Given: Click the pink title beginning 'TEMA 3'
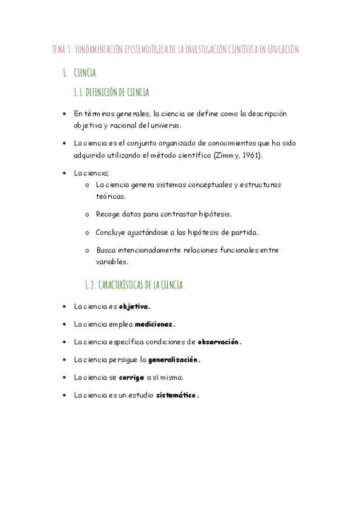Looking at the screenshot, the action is pyautogui.click(x=176, y=50).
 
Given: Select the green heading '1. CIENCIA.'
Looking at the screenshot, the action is pyautogui.click(x=80, y=73).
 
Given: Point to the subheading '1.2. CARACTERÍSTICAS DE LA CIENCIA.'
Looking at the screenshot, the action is pyautogui.click(x=134, y=284).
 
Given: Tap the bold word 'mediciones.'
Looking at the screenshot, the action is pyautogui.click(x=155, y=324).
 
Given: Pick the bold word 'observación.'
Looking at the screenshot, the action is pyautogui.click(x=219, y=342).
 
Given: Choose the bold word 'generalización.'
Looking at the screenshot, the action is pyautogui.click(x=174, y=360).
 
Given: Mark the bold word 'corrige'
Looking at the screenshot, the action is pyautogui.click(x=131, y=377).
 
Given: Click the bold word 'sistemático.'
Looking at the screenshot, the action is pyautogui.click(x=177, y=395).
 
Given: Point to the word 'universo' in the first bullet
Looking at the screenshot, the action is pyautogui.click(x=165, y=125).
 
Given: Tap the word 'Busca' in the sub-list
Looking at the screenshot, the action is pyautogui.click(x=106, y=250).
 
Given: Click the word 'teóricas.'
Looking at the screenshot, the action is pyautogui.click(x=111, y=197).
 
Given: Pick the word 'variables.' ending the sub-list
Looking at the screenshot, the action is pyautogui.click(x=112, y=262).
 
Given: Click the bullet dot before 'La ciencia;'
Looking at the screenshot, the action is pyautogui.click(x=64, y=173).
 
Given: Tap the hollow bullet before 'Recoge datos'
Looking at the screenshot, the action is pyautogui.click(x=88, y=214).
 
